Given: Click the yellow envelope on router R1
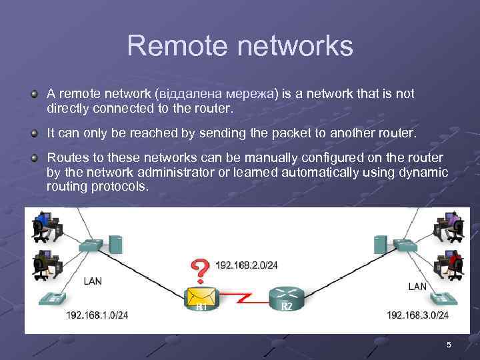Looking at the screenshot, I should click(x=199, y=297).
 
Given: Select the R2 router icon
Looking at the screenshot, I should click(x=287, y=297).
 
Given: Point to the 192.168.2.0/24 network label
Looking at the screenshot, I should click(x=247, y=265).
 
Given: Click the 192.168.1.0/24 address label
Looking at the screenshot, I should click(x=97, y=315).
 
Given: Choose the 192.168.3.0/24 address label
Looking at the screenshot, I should click(x=417, y=315).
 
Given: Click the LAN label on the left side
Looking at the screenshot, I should click(x=93, y=281).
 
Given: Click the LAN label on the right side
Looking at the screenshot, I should click(x=417, y=287).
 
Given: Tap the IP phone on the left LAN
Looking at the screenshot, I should click(x=51, y=298).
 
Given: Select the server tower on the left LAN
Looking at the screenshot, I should click(x=115, y=243).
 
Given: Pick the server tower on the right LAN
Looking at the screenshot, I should click(x=381, y=243).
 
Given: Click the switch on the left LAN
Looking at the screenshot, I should click(x=90, y=247).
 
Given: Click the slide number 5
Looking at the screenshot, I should click(x=449, y=345).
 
